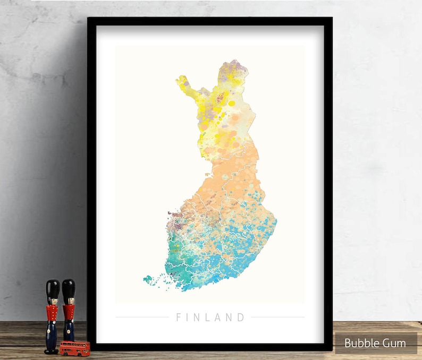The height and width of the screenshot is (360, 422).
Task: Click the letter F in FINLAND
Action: point(179,318)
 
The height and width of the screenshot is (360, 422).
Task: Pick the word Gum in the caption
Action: point(394,343)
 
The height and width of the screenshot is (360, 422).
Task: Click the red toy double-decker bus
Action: point(74,348)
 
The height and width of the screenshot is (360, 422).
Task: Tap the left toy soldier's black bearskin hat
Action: point(52,289)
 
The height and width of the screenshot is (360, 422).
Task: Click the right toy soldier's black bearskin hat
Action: point(68,288)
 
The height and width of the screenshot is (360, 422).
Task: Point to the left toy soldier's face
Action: point(52,302)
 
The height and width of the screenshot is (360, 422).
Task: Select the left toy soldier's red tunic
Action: point(52,314)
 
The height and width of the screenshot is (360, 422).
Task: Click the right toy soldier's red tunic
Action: point(69,313)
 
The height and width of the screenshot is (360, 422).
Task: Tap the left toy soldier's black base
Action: point(52,350)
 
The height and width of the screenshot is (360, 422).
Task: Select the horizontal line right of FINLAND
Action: point(277,317)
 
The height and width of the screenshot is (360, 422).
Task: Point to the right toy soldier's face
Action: point(69,301)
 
